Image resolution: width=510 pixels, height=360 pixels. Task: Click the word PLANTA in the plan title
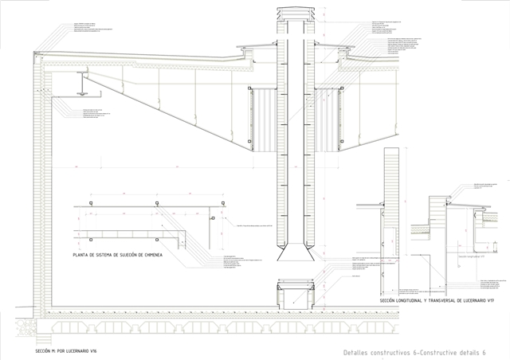[x=81, y=255]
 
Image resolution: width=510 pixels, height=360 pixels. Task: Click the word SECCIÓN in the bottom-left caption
[x=45, y=350]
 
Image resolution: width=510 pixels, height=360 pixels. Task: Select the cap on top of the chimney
[x=288, y=14]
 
